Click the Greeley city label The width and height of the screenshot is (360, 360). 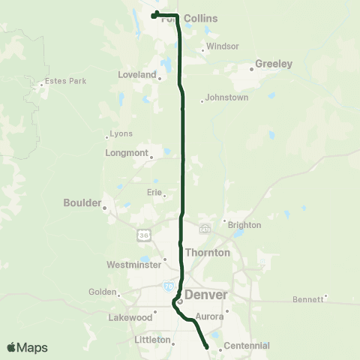pyautogui.click(x=274, y=64)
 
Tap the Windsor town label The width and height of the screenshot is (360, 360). pyautogui.click(x=222, y=46)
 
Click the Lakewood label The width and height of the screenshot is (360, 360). pyautogui.click(x=130, y=317)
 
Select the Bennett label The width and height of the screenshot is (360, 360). pyautogui.click(x=307, y=298)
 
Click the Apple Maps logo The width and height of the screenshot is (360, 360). pyautogui.click(x=27, y=347)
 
